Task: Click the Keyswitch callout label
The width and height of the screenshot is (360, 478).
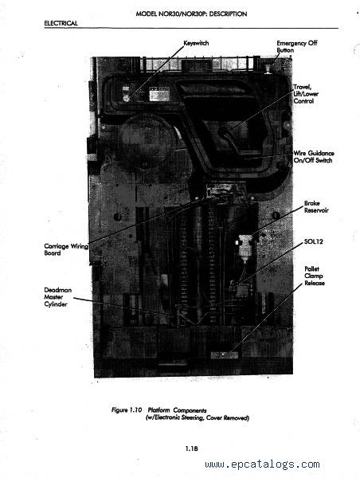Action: coord(196,43)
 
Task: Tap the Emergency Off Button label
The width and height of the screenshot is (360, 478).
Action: coord(296,47)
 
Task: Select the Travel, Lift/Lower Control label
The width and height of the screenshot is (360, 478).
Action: coord(306,94)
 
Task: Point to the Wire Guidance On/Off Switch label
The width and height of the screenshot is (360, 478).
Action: coord(314,157)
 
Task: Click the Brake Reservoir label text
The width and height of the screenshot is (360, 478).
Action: coord(316,206)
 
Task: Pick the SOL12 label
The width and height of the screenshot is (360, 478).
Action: coord(313,241)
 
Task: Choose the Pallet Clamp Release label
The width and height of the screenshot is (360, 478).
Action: coord(315,276)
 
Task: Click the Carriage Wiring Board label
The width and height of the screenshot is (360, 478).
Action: coord(66,249)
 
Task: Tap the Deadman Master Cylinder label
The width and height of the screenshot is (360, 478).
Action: coord(57,297)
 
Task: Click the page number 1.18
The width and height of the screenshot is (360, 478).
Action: coord(191,449)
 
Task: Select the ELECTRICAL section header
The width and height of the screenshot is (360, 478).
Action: coord(61,23)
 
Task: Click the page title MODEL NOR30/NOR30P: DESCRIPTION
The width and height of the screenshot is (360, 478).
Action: coord(191,14)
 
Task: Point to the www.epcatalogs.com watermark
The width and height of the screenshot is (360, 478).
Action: coord(263,464)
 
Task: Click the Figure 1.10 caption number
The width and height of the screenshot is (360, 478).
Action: coord(127,410)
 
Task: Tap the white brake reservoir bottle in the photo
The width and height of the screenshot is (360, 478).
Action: coord(245,245)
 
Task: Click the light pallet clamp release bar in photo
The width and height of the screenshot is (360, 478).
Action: coord(224,355)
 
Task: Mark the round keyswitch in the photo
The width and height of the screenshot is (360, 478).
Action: coord(126,98)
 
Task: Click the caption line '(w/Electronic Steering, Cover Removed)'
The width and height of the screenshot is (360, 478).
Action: coord(198,417)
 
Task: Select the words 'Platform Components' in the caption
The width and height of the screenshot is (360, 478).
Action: coord(177,410)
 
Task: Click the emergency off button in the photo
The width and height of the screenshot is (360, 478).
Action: coord(268,69)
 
